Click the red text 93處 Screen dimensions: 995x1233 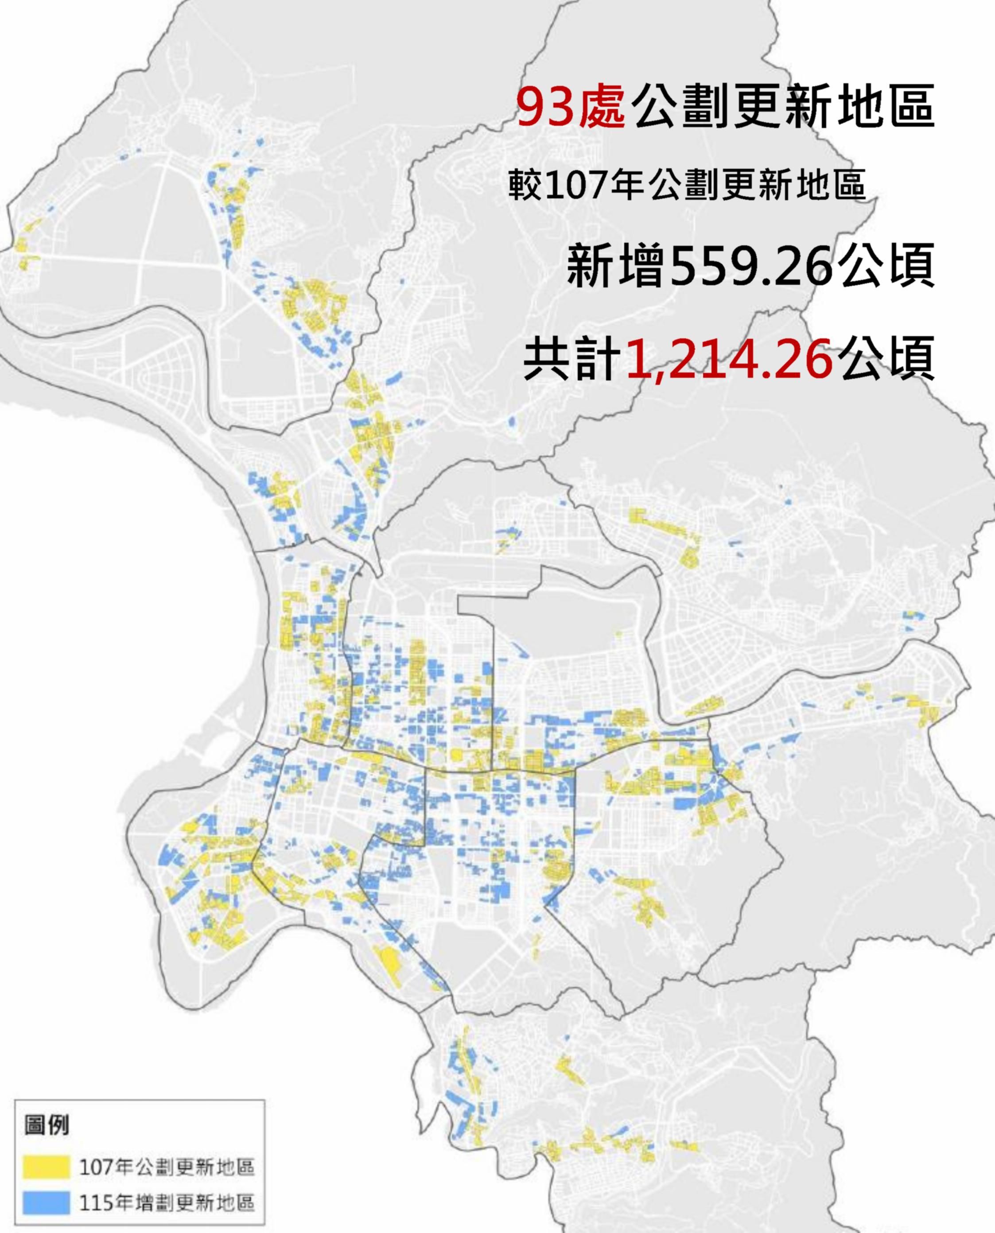tap(570, 107)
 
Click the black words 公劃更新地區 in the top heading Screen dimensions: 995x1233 tap(782, 107)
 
